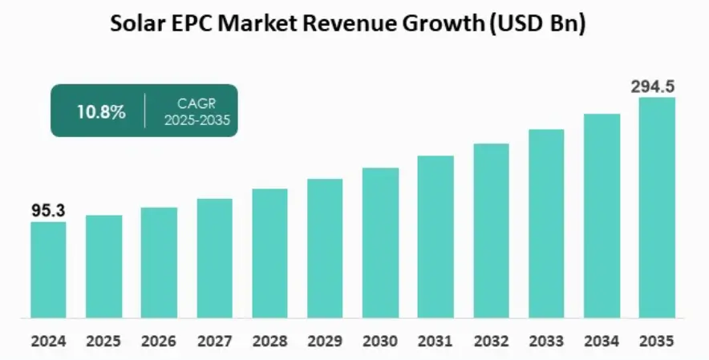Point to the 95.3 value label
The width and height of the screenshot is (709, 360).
[x=48, y=211]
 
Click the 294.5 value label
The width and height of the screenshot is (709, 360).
[x=657, y=87]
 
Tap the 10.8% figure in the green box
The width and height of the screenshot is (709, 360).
[x=101, y=112]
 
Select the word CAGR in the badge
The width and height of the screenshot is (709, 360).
[x=197, y=103]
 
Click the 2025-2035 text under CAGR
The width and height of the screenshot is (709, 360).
[x=197, y=120]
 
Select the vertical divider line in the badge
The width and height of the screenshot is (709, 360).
[x=144, y=111]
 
